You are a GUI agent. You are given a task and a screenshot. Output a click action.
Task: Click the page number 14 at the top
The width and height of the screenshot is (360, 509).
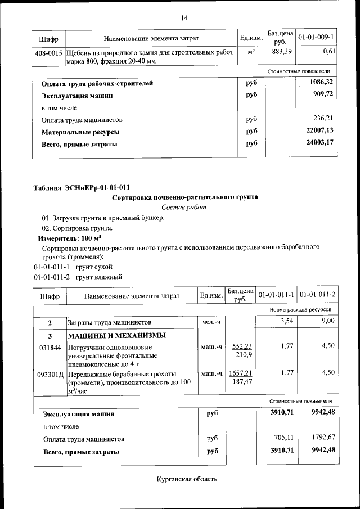(x=184, y=18)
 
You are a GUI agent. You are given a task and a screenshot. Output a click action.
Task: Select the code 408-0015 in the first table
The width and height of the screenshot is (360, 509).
(x=49, y=52)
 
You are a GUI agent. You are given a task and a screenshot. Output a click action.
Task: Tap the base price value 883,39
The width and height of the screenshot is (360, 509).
(x=280, y=52)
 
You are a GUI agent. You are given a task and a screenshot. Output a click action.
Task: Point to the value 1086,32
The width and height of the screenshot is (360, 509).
(x=322, y=83)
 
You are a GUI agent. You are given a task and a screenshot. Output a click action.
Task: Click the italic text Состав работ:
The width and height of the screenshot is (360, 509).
(x=185, y=208)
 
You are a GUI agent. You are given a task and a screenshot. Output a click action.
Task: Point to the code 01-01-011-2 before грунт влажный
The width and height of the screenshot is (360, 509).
(x=52, y=277)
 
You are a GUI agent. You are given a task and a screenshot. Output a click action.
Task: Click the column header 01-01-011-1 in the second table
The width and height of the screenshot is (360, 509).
(x=276, y=295)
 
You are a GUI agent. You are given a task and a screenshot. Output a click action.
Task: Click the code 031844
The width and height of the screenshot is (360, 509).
(x=49, y=347)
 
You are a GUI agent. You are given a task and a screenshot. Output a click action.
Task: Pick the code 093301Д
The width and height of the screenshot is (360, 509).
(x=51, y=373)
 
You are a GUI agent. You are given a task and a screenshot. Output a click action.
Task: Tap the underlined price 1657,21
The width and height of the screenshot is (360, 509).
(x=240, y=373)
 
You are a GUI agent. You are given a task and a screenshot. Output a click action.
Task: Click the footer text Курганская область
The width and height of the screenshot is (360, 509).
(x=186, y=479)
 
